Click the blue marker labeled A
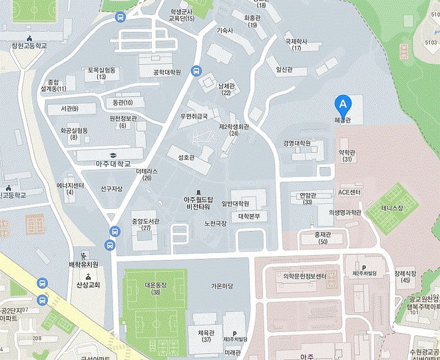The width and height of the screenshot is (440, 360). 343,104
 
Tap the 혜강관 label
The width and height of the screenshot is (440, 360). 343,120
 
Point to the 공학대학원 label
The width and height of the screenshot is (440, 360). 167,72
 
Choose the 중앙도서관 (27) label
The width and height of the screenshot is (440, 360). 146,224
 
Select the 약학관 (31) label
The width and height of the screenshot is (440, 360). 347,156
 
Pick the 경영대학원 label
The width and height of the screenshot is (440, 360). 297,143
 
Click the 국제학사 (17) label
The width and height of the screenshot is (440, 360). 297,44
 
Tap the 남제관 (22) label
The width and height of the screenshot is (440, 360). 226,89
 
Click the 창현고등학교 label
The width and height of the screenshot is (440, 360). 29,46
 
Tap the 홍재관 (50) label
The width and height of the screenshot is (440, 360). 323,238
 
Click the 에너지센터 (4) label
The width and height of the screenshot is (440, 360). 70,188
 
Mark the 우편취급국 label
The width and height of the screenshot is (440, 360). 194,116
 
